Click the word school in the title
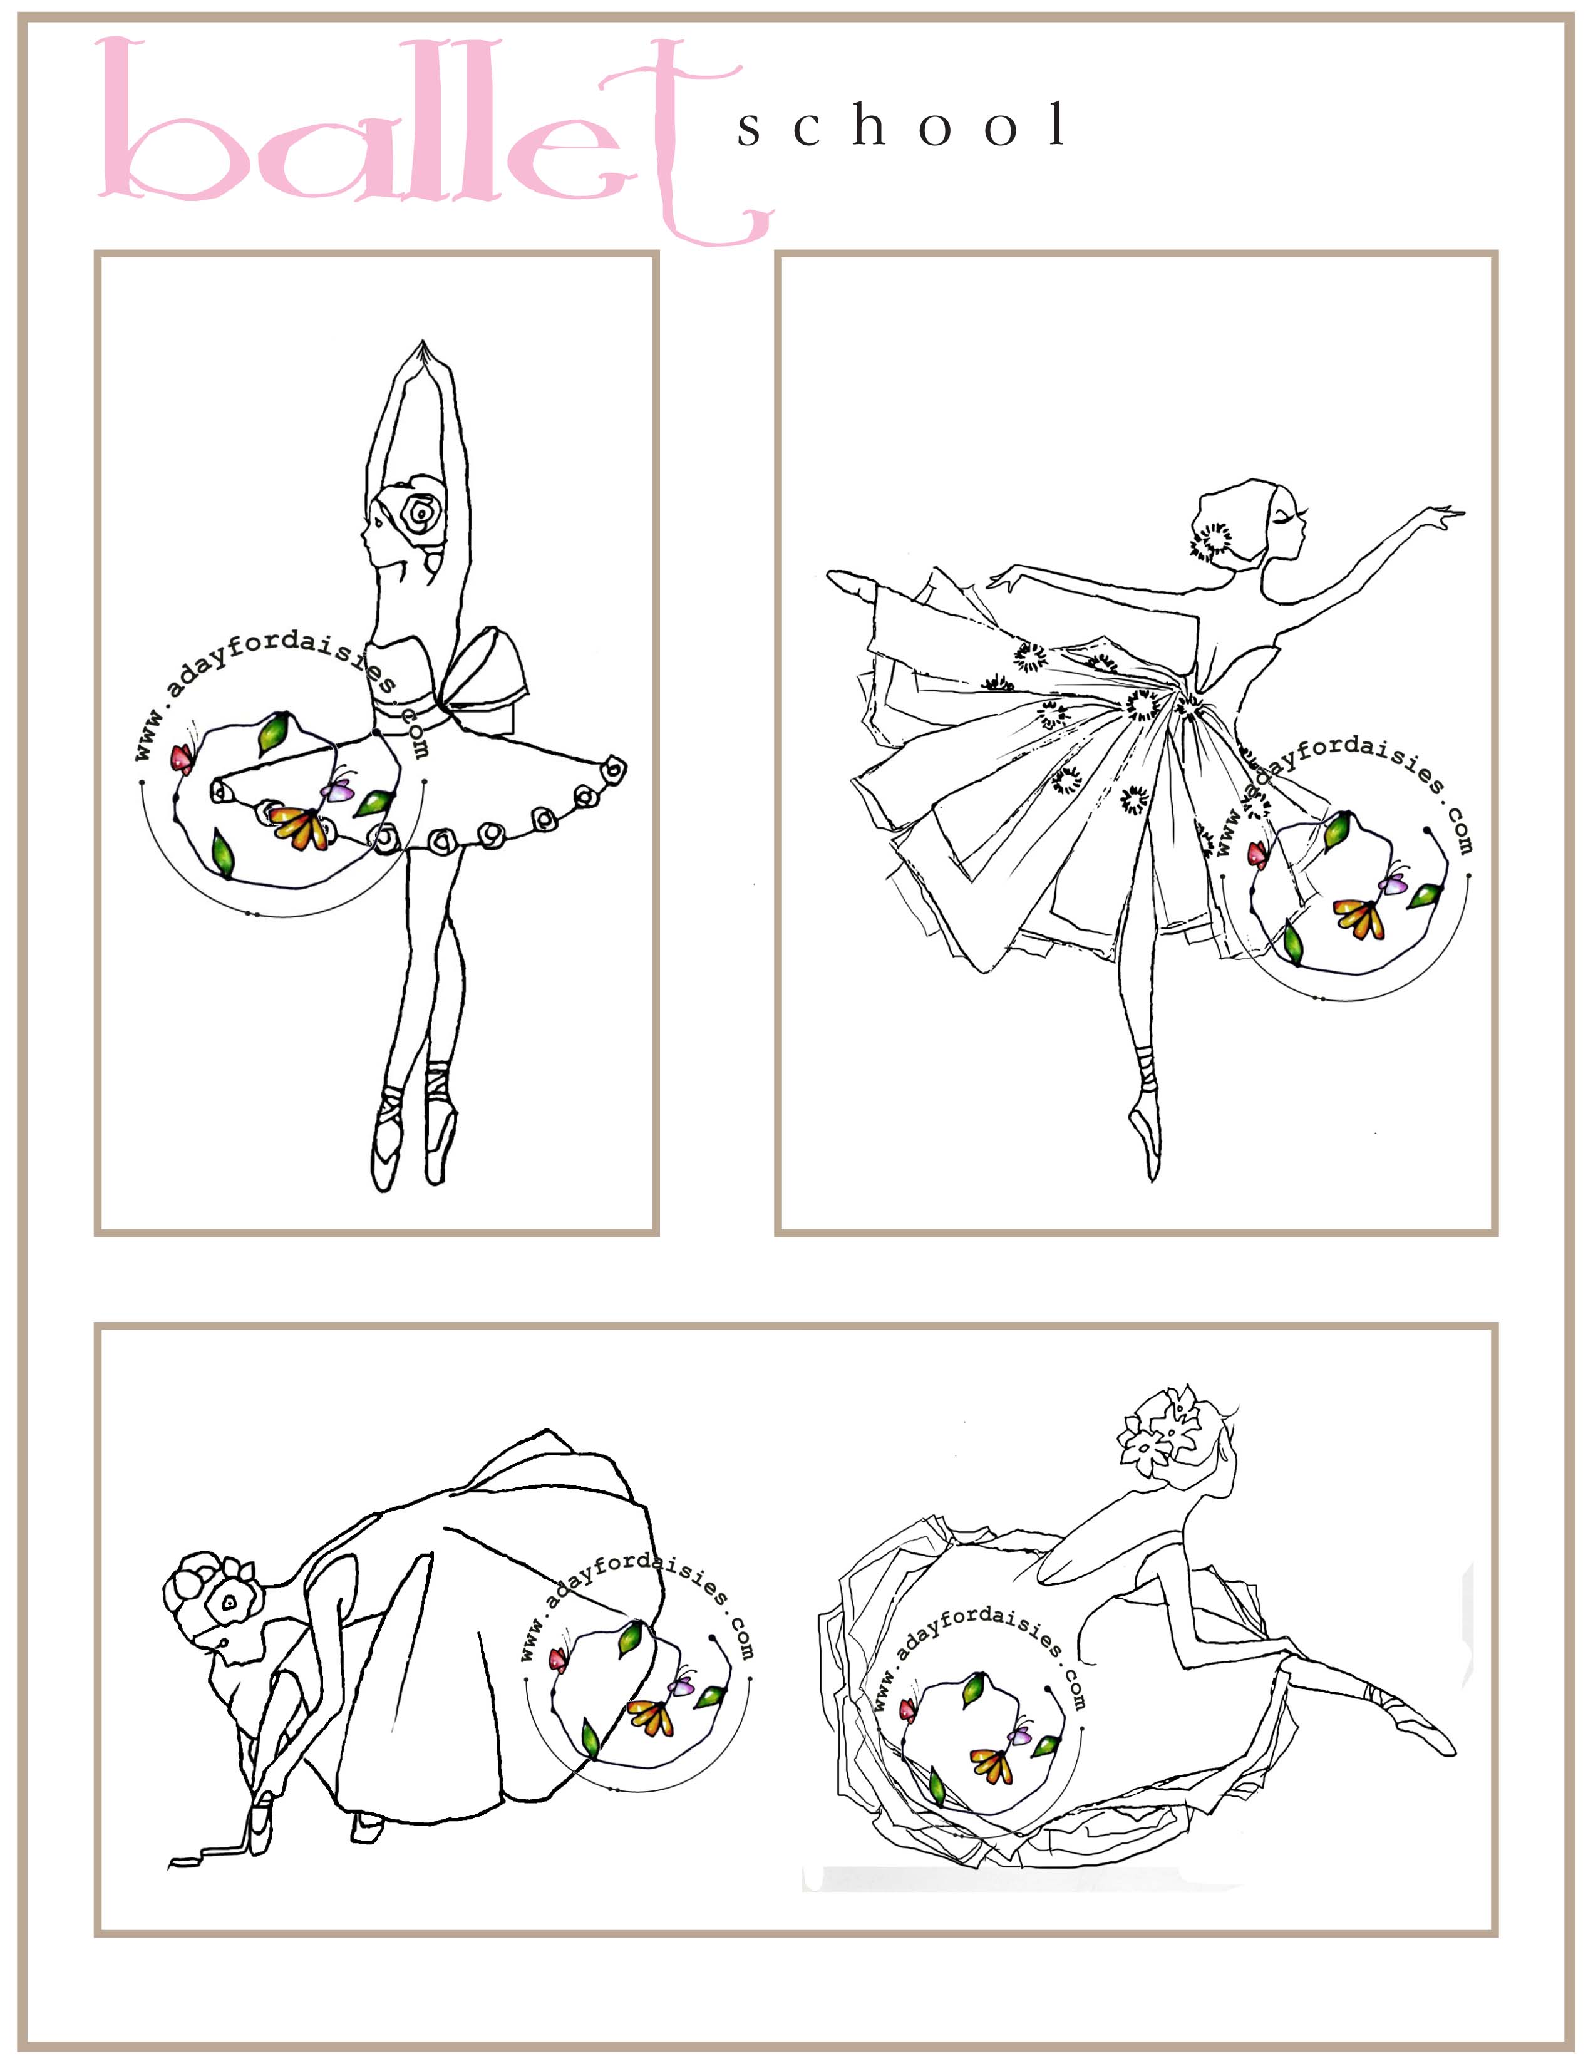[904, 127]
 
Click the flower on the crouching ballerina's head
[228, 1601]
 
